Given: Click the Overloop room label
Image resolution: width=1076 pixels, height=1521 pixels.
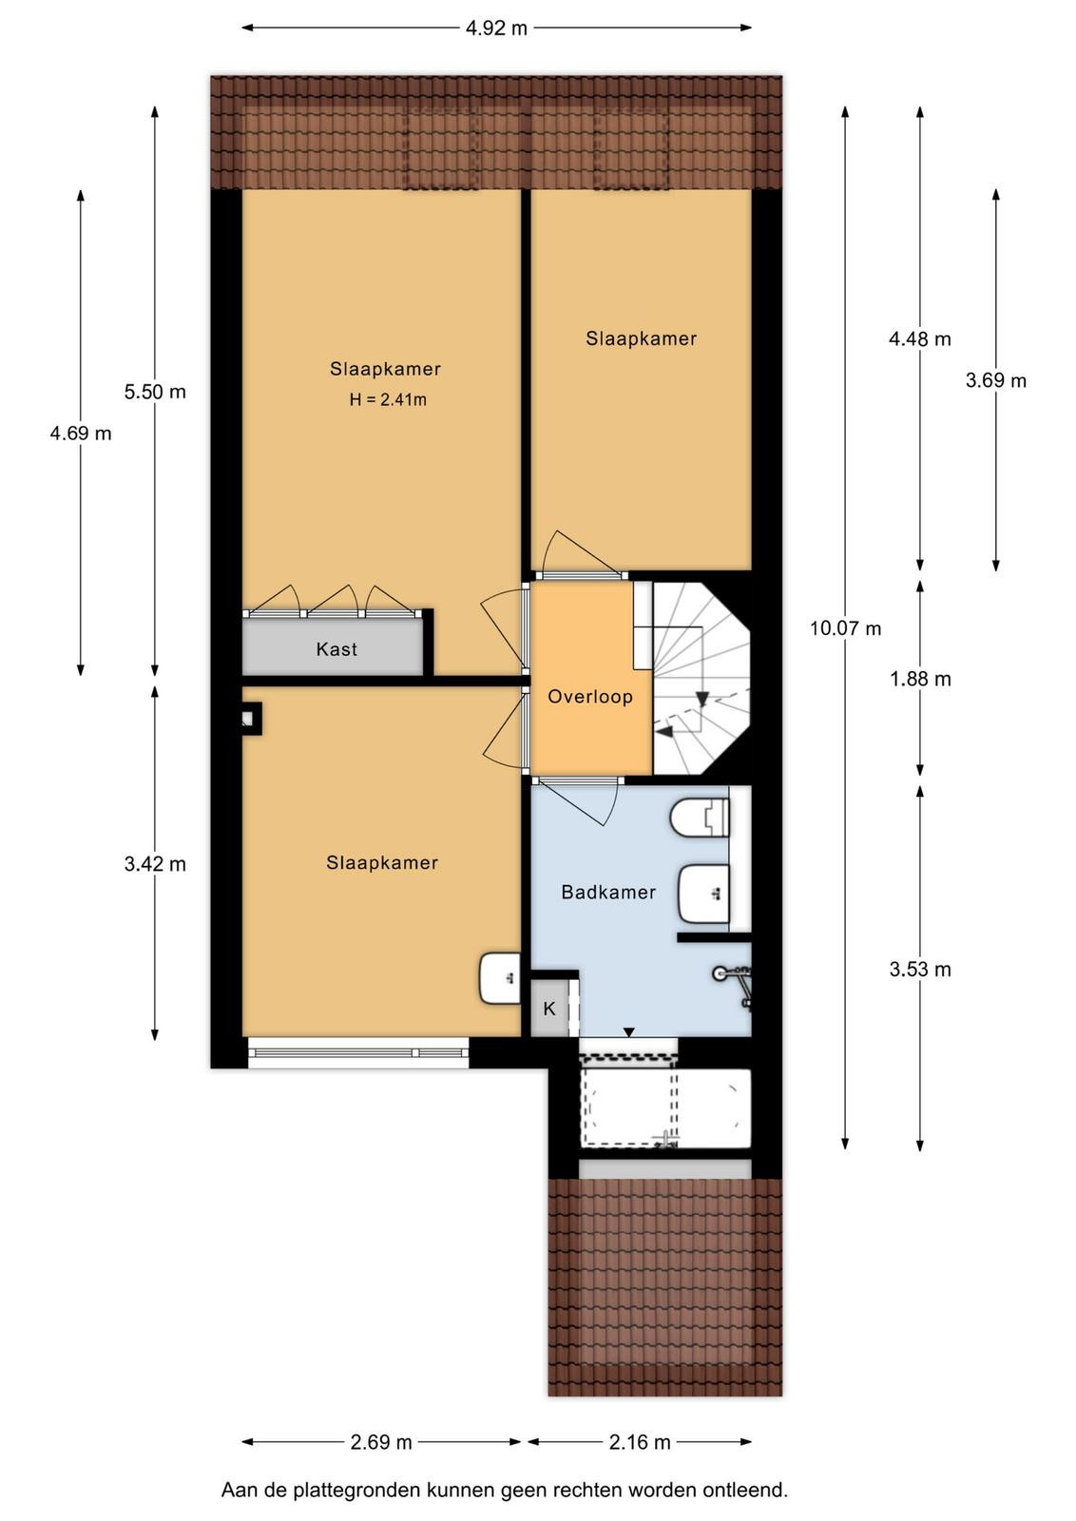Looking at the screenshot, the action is click(590, 697).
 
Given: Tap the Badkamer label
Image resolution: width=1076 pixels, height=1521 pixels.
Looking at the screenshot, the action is click(608, 893).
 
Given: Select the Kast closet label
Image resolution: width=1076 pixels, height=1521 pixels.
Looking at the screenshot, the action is click(336, 649).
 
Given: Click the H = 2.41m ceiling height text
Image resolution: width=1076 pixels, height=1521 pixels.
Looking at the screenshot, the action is click(389, 400).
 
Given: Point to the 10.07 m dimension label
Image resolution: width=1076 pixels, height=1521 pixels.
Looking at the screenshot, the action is click(845, 628).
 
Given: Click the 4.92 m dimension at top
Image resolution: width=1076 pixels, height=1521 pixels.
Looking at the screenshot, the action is click(496, 28).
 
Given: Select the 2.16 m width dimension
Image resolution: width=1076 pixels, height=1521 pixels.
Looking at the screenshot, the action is click(640, 1441).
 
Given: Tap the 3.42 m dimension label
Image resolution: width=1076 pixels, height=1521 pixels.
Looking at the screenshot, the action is click(155, 864).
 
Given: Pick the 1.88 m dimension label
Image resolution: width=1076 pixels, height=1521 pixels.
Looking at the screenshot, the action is click(920, 679).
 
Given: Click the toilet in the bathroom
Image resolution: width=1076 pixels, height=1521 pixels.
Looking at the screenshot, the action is click(700, 818).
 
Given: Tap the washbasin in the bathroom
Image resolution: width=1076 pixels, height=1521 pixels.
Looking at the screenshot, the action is click(704, 894).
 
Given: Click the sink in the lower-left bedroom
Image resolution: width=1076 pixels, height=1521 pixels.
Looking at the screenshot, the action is click(500, 978).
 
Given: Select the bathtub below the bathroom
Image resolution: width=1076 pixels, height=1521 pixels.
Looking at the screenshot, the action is click(665, 1109).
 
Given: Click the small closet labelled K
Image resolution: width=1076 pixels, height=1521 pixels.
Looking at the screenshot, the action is click(549, 1009).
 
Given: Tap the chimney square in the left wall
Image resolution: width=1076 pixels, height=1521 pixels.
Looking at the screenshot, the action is click(250, 719).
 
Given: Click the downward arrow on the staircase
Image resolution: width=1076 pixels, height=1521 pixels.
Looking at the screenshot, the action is click(701, 699).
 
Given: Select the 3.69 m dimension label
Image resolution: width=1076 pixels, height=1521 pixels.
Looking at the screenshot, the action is click(996, 380).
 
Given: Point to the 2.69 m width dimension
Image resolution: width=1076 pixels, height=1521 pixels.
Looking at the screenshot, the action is click(381, 1441).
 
